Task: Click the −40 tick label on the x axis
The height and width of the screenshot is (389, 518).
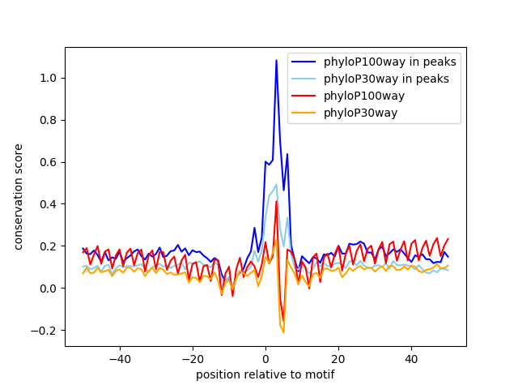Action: point(119,358)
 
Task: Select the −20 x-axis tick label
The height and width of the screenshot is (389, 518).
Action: point(192,358)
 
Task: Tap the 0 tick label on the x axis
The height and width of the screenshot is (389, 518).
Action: point(265,358)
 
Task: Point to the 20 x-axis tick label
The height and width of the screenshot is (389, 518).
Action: point(338,358)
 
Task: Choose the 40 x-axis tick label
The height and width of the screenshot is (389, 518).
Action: point(411,358)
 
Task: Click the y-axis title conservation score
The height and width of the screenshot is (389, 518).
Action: point(19,196)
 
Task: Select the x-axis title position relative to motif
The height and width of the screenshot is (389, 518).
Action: point(265,374)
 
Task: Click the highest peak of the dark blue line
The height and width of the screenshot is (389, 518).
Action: point(276,60)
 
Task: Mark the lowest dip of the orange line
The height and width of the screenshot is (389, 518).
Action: point(283,331)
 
